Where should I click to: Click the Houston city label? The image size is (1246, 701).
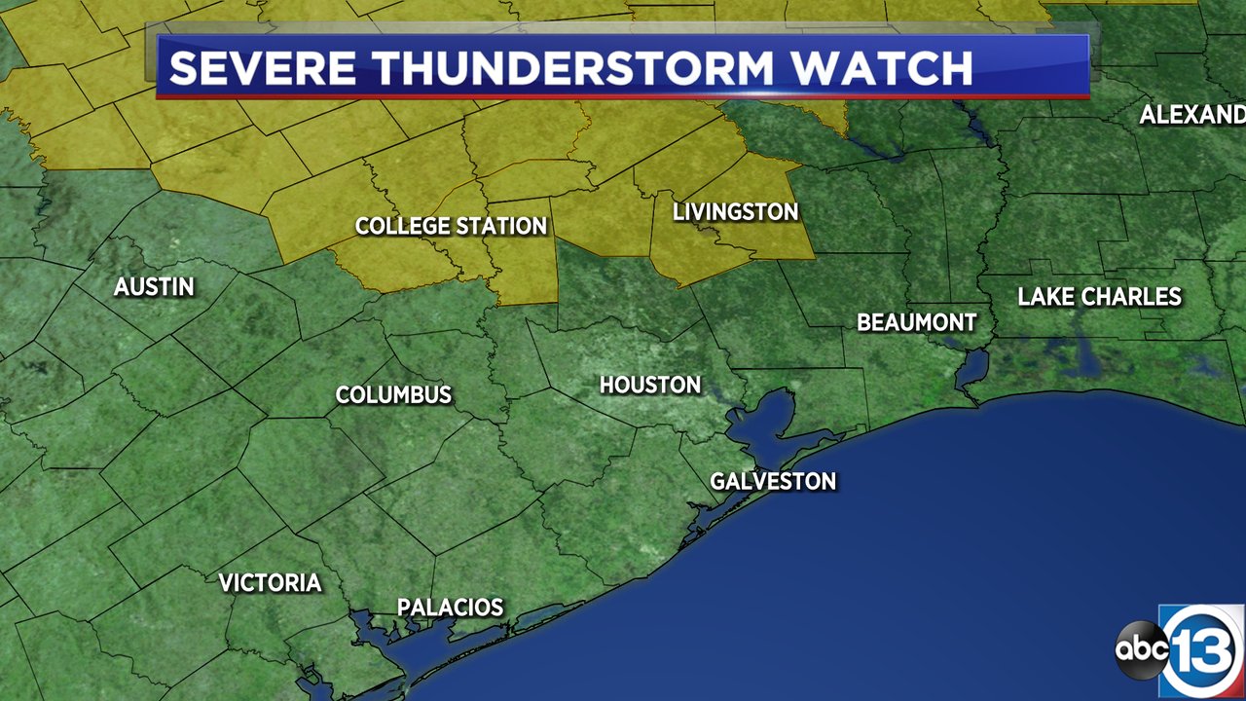[x=650, y=385]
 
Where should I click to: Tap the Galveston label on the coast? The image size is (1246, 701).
[x=773, y=481]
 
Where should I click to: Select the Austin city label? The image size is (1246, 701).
[x=154, y=286]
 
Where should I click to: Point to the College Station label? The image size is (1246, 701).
[x=451, y=226]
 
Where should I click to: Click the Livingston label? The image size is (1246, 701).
[x=736, y=211]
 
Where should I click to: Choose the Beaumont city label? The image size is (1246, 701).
[x=916, y=322]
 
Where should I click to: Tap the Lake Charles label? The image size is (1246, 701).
[x=1099, y=297]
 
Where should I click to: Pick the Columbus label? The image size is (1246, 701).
[x=393, y=394]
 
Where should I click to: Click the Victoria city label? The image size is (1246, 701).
[x=270, y=582]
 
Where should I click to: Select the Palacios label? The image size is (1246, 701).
[x=450, y=608]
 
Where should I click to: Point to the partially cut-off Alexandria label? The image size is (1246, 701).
[x=1191, y=115]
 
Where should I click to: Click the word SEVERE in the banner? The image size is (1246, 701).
[x=263, y=68]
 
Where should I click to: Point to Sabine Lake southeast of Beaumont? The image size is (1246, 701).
[x=973, y=367]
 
